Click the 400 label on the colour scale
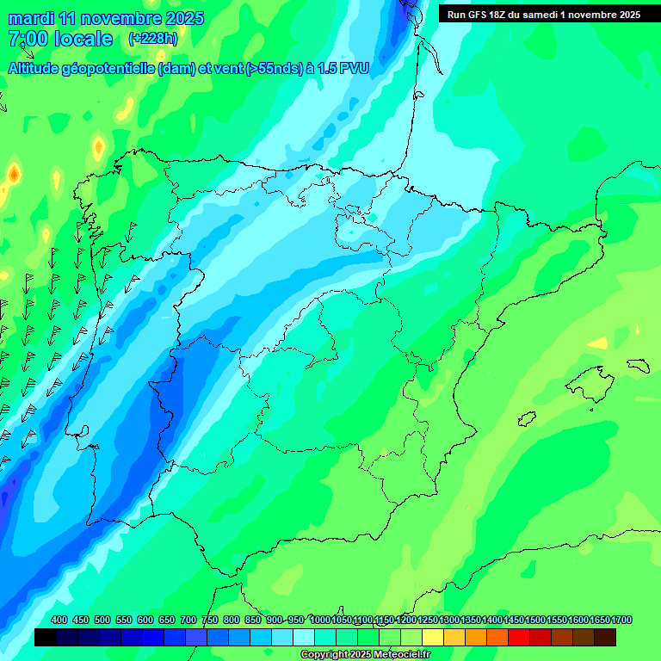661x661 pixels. click(59, 620)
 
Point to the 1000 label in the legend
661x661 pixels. click(320, 620)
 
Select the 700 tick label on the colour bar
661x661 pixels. click(188, 620)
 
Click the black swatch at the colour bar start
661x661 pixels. click(46, 637)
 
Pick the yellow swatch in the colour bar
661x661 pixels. click(433, 637)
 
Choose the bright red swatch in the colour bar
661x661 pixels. click(519, 637)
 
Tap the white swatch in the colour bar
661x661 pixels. click(304, 637)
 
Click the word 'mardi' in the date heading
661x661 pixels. click(32, 18)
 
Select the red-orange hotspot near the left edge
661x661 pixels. click(14, 176)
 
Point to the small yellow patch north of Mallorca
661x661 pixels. click(596, 343)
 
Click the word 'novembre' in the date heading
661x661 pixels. click(118, 18)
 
